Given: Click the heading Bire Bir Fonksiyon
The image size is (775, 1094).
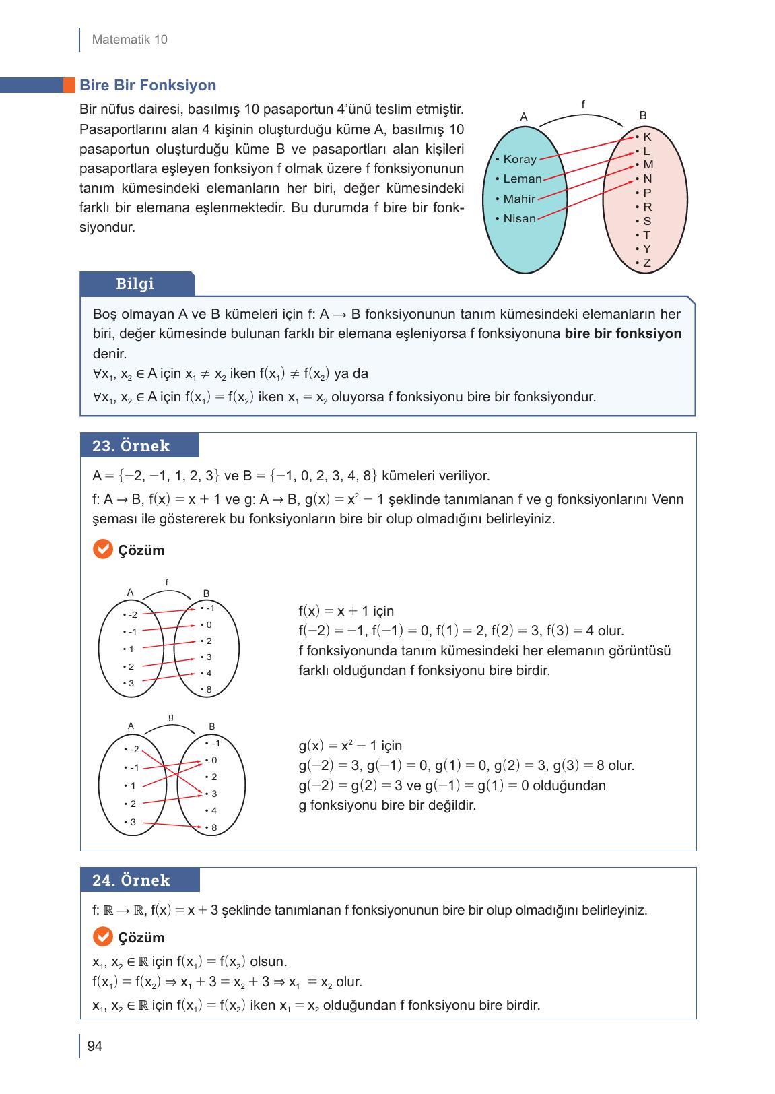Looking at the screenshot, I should [x=147, y=86].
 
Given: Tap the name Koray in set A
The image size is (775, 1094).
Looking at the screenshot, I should [x=519, y=160].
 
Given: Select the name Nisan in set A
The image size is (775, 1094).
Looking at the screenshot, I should [x=519, y=218].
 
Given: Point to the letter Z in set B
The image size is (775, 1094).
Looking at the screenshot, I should [x=646, y=263].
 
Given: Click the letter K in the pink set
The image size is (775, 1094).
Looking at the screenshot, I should [x=646, y=137].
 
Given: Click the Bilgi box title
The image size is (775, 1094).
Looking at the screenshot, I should [x=135, y=284].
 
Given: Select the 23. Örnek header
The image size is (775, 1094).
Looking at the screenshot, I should [x=131, y=446].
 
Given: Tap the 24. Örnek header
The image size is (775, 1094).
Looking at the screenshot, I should [x=131, y=880].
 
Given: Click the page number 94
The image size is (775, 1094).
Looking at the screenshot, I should [x=94, y=1046].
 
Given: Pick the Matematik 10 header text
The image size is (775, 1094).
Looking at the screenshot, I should [x=129, y=40].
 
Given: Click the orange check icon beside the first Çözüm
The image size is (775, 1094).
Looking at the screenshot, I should [x=102, y=550].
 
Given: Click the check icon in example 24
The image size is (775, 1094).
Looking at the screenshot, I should [x=102, y=937].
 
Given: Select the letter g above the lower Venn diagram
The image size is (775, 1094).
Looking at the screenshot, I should [x=171, y=717].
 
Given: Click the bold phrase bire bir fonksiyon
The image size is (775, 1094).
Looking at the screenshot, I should [x=623, y=333].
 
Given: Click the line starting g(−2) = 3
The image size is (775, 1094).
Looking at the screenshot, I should [x=466, y=766].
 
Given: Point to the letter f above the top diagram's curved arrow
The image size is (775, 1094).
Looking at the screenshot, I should [x=583, y=105].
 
